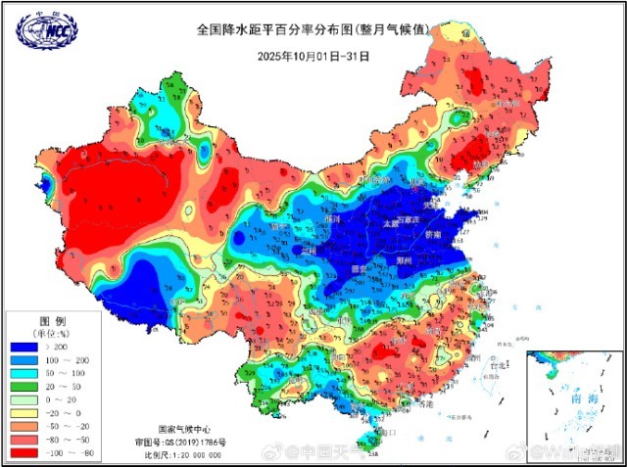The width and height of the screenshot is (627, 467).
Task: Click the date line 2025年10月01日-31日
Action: (313, 56)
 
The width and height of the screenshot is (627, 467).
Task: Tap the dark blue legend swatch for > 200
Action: (25, 347)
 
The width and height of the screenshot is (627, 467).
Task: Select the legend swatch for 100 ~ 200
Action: (25, 361)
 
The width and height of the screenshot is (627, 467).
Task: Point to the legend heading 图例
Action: (52, 321)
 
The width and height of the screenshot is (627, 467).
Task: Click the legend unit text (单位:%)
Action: (52, 334)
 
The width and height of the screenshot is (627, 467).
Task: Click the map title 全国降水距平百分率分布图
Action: (285, 30)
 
